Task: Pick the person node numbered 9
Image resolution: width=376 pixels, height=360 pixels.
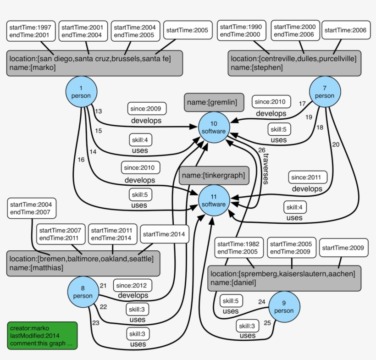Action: [x=284, y=306]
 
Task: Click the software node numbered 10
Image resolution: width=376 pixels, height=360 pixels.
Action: [x=213, y=127]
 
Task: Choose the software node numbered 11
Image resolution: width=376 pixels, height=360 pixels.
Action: [x=213, y=200]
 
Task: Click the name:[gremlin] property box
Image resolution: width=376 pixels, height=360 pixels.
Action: [x=213, y=103]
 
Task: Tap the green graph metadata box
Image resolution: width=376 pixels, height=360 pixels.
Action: [x=42, y=336]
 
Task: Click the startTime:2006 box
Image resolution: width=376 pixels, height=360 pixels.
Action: [x=345, y=30]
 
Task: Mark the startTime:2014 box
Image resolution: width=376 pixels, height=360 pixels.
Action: [x=164, y=234]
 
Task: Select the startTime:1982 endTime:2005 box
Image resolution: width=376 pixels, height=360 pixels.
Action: [x=238, y=248]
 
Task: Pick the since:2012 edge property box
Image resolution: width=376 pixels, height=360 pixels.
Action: [x=133, y=285]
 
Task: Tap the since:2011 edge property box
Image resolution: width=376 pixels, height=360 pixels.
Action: [x=308, y=177]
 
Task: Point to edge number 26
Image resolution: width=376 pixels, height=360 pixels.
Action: [x=261, y=150]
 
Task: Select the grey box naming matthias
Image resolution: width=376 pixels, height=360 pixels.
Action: [x=83, y=263]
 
